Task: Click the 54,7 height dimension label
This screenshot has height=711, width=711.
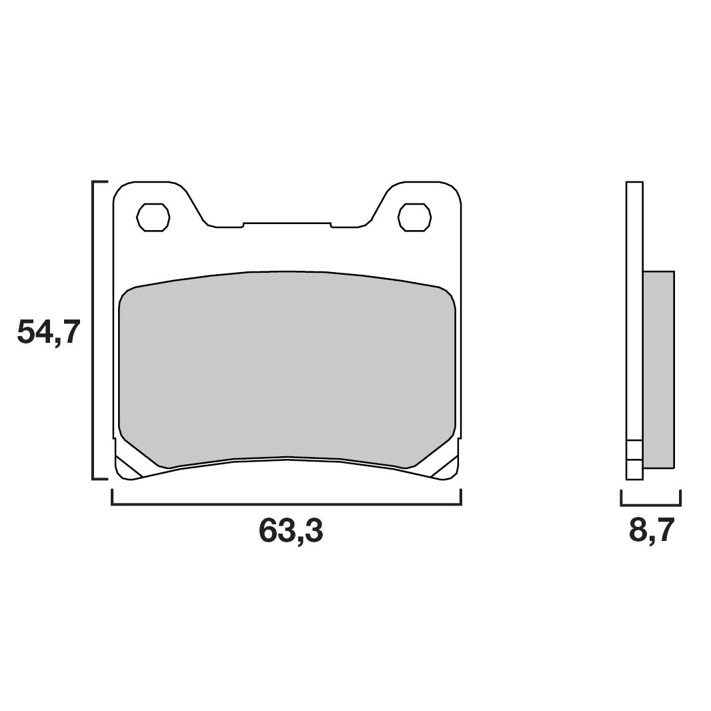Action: click(49, 331)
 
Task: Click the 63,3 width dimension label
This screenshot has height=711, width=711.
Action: click(291, 531)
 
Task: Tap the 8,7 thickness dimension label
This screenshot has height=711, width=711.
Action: click(652, 531)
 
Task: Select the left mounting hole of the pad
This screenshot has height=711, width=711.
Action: click(153, 217)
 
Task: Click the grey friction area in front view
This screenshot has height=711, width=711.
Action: click(287, 367)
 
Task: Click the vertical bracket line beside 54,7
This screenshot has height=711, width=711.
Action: click(92, 330)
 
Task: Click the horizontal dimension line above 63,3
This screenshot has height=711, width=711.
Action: click(287, 504)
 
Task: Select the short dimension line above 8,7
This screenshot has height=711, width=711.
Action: click(650, 505)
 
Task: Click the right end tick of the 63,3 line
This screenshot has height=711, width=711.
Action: click(461, 497)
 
